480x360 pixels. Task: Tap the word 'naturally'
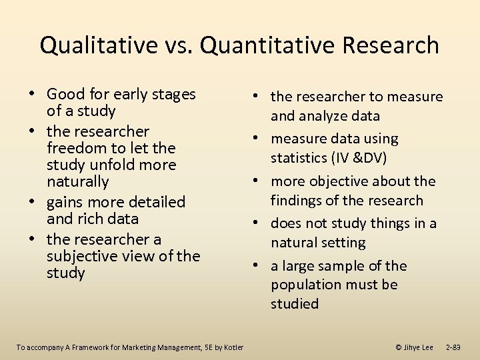pos(77,181)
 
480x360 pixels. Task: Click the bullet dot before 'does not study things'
pos(255,224)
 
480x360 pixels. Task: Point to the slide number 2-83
pos(453,347)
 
